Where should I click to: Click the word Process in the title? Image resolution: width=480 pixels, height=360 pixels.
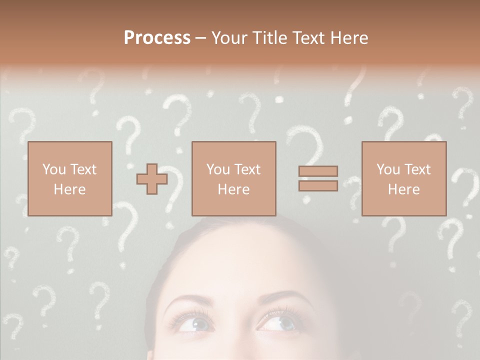pyautogui.click(x=157, y=38)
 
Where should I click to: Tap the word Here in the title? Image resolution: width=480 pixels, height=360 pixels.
pyautogui.click(x=348, y=38)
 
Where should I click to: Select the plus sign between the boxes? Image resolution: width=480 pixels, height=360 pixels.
pyautogui.click(x=152, y=179)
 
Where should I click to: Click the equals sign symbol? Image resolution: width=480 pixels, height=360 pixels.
pyautogui.click(x=318, y=178)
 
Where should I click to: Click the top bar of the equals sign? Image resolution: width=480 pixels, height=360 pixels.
pyautogui.click(x=318, y=171)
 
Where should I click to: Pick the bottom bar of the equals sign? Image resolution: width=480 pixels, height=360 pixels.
pyautogui.click(x=318, y=185)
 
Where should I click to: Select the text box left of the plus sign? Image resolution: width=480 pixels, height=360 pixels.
pyautogui.click(x=69, y=178)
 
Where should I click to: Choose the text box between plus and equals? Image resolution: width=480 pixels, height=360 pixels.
pyautogui.click(x=233, y=178)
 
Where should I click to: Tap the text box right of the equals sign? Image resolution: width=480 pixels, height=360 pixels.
pyautogui.click(x=403, y=178)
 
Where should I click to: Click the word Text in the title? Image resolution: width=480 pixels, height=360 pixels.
pyautogui.click(x=307, y=38)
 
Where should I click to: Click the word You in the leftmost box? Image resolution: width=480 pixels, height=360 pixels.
pyautogui.click(x=53, y=169)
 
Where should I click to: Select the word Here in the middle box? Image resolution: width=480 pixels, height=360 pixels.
pyautogui.click(x=233, y=189)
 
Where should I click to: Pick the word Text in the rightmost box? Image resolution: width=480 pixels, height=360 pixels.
pyautogui.click(x=416, y=169)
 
